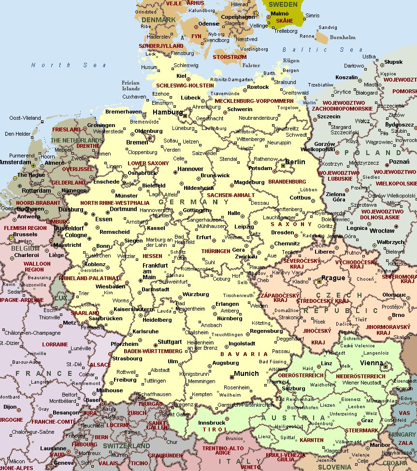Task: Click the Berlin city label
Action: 295,162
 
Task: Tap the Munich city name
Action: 246,374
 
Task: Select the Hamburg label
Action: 167,112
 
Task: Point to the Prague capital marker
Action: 319,280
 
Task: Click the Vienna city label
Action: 372,363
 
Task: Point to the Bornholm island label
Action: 342,37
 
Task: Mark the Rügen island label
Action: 291,61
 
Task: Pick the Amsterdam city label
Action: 14,163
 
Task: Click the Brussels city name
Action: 25,234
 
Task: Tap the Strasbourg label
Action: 127,358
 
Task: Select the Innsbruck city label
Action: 212,423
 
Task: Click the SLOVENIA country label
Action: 334,467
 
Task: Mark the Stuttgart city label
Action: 170,342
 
